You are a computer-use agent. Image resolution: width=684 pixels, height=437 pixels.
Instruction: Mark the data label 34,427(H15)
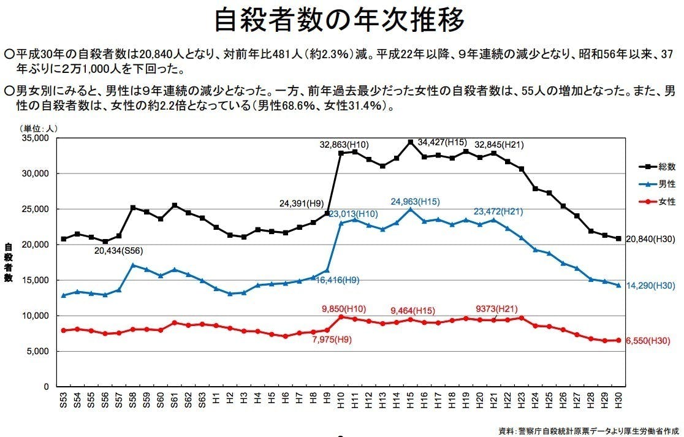[x=442, y=142]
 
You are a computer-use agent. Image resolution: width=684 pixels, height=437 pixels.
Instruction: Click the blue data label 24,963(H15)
[x=415, y=201]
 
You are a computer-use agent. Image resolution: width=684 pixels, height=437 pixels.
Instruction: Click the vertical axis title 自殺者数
[x=9, y=262]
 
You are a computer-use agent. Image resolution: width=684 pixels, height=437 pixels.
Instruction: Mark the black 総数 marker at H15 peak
[x=410, y=142]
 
